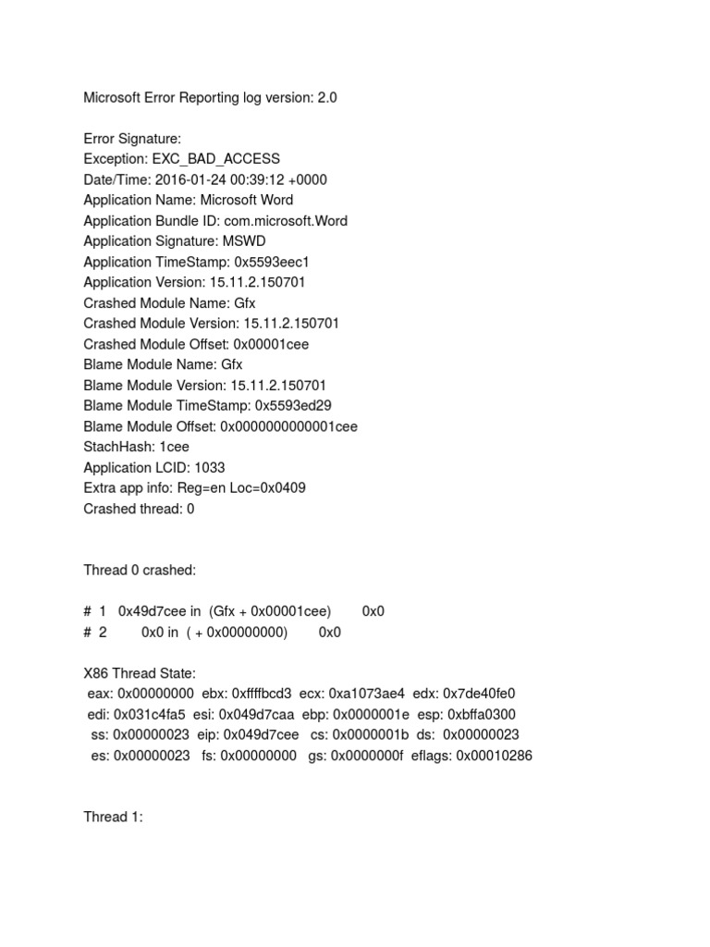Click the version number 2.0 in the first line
(327, 97)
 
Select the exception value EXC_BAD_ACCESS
(216, 159)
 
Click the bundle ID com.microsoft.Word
(286, 220)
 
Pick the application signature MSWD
(244, 241)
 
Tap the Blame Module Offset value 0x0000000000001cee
(288, 426)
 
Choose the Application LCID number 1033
(210, 467)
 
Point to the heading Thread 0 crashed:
(140, 571)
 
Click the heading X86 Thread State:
(140, 673)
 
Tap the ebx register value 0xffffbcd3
(262, 694)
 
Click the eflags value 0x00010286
(494, 756)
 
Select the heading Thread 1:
(114, 818)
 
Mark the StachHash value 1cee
(175, 447)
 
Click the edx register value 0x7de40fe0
(479, 694)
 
